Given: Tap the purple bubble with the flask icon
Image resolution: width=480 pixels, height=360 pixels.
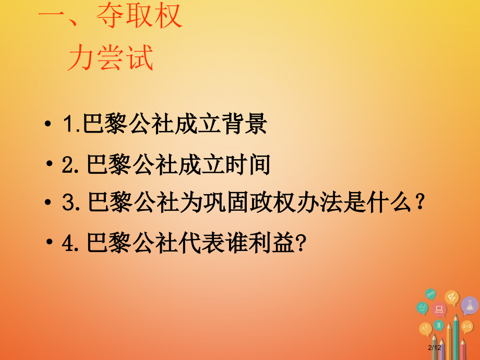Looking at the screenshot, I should pyautogui.click(x=470, y=305).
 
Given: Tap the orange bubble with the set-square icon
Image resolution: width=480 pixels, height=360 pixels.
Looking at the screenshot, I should pyautogui.click(x=451, y=298).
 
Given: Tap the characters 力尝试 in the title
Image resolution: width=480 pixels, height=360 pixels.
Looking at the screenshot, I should pyautogui.click(x=111, y=58).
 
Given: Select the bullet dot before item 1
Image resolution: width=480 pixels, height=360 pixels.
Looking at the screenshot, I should pyautogui.click(x=49, y=125).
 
